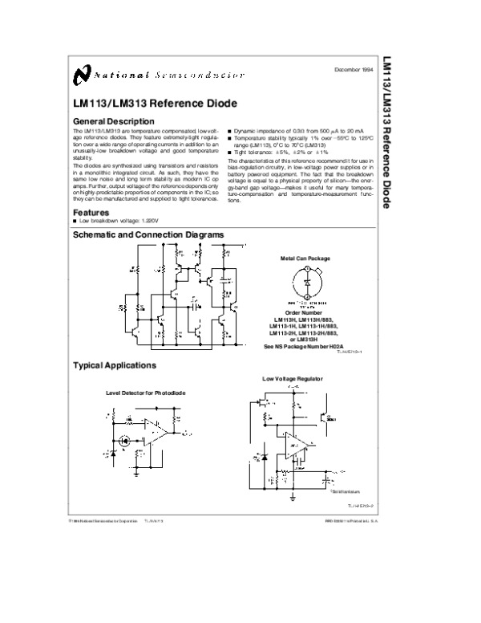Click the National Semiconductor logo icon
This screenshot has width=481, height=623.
click(x=80, y=75)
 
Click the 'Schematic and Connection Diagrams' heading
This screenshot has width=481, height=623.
click(x=148, y=234)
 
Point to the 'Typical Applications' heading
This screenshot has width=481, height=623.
click(x=114, y=365)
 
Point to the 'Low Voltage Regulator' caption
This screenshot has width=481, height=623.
click(x=292, y=377)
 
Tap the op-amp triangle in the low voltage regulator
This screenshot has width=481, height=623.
click(x=292, y=446)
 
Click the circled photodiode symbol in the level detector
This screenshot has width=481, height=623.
click(x=124, y=440)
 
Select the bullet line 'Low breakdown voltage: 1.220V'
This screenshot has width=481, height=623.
click(x=117, y=221)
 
